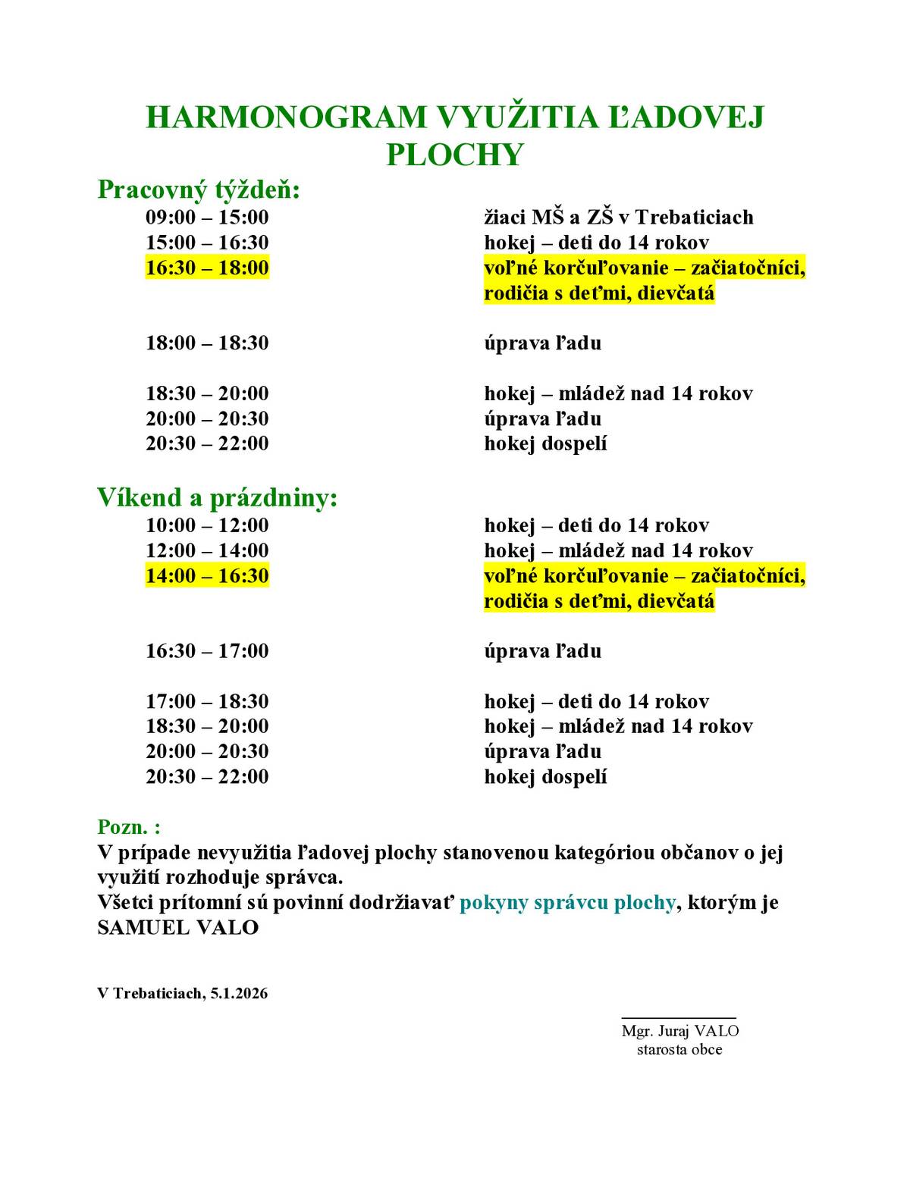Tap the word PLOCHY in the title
pyautogui.click(x=455, y=155)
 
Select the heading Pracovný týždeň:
pyautogui.click(x=199, y=190)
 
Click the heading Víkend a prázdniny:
pyautogui.click(x=217, y=498)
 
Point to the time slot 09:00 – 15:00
pyautogui.click(x=207, y=218)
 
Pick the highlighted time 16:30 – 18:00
pyautogui.click(x=207, y=268)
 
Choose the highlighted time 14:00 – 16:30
pyautogui.click(x=207, y=575)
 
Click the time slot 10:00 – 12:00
pyautogui.click(x=207, y=525)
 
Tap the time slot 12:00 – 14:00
pyautogui.click(x=207, y=550)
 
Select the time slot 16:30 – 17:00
pyautogui.click(x=207, y=651)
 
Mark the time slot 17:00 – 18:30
pyautogui.click(x=207, y=701)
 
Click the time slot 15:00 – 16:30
pyautogui.click(x=207, y=243)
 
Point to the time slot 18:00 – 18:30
pyautogui.click(x=207, y=343)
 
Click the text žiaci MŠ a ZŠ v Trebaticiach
pyautogui.click(x=619, y=218)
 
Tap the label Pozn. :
pyautogui.click(x=129, y=827)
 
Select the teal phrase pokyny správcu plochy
pyautogui.click(x=567, y=902)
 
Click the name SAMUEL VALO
pyautogui.click(x=178, y=927)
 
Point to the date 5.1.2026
pyautogui.click(x=240, y=993)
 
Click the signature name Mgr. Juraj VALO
pyautogui.click(x=679, y=1031)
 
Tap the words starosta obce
pyautogui.click(x=679, y=1050)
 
